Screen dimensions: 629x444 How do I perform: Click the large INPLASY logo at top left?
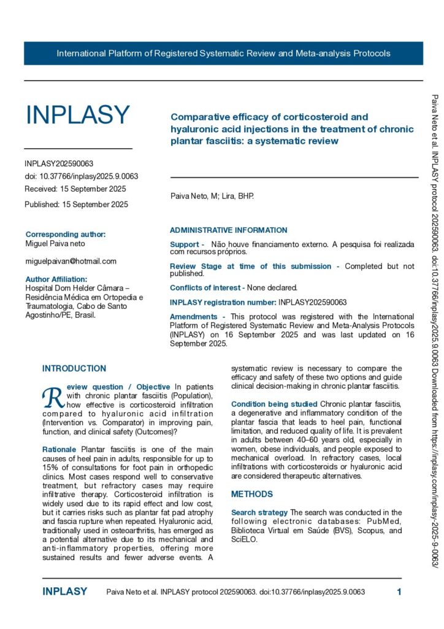77,115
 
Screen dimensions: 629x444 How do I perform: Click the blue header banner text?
223,53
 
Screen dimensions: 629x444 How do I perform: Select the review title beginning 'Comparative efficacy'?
283,129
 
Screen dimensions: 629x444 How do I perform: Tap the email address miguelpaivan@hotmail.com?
71,261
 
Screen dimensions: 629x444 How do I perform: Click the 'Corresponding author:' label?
66,234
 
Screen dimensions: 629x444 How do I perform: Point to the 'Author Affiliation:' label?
61,279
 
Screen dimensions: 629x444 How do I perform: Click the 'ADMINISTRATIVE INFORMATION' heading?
228,230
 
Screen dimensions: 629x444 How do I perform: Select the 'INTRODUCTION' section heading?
74,369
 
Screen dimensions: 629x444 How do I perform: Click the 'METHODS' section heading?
252,494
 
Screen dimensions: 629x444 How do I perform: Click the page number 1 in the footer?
399,592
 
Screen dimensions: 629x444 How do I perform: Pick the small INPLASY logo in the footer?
65,592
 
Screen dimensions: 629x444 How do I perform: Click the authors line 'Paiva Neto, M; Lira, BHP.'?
212,197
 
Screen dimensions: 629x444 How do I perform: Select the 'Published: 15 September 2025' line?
76,205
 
